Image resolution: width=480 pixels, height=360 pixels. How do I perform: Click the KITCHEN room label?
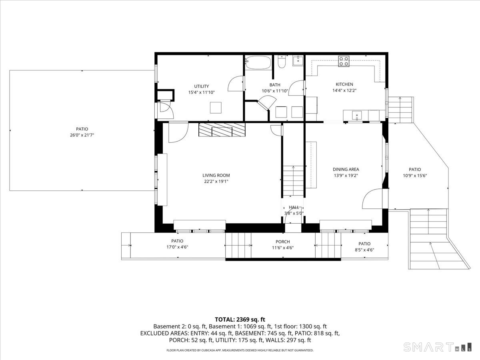pos(344,84)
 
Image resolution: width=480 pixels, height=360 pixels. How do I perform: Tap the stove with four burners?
pos(344,62)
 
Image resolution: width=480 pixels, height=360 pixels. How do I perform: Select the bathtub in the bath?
pos(258,63)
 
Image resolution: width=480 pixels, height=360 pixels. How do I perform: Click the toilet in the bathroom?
pos(281,62)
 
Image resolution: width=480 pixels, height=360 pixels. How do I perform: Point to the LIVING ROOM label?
pos(216,175)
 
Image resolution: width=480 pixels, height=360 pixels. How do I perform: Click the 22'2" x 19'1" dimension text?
pos(216,182)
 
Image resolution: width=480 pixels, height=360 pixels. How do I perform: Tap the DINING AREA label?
pos(346,169)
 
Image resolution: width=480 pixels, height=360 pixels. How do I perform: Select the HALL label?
pos(294,207)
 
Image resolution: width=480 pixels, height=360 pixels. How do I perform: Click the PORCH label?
pos(283,242)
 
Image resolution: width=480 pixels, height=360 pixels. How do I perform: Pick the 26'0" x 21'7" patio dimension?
pos(82,135)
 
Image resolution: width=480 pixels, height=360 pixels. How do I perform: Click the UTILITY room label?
pos(202,86)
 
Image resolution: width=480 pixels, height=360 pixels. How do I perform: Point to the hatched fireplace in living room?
pos(222,130)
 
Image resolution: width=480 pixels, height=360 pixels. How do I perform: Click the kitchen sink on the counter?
pos(357,116)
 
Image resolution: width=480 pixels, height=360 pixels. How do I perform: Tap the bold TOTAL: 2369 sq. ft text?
pos(240,320)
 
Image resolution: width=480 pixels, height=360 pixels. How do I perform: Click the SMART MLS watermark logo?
pos(437,347)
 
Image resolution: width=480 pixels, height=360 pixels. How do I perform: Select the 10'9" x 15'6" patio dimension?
pos(415,176)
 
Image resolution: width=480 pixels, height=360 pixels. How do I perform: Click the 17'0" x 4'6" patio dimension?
pos(177,247)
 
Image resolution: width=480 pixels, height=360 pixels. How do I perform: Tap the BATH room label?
pos(275,85)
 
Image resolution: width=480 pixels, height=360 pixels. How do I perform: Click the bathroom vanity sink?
pos(298,60)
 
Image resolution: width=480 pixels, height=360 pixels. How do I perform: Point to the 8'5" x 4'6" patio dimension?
pos(364,250)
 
